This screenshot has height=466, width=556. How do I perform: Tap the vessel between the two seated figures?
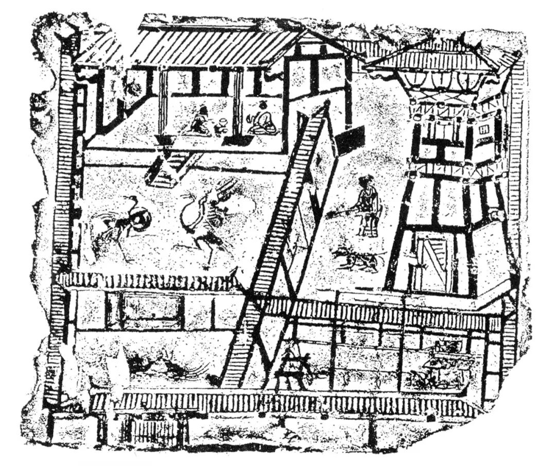click(222, 125)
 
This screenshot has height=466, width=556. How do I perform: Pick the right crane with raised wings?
click(206, 216)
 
